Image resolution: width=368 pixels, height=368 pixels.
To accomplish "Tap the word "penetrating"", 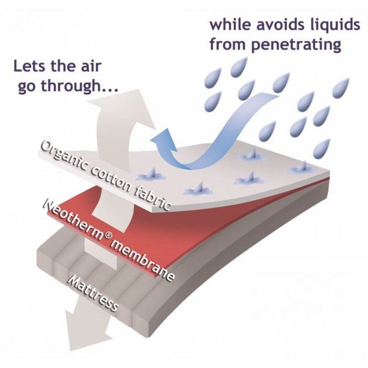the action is click(x=296, y=45).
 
